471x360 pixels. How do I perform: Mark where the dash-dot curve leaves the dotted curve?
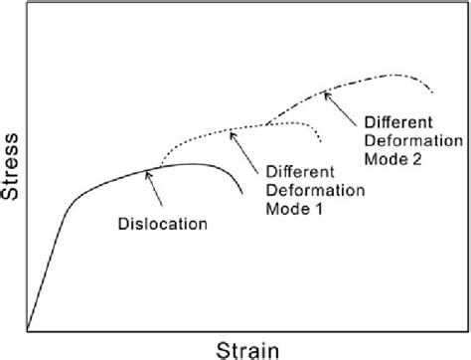(266, 123)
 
